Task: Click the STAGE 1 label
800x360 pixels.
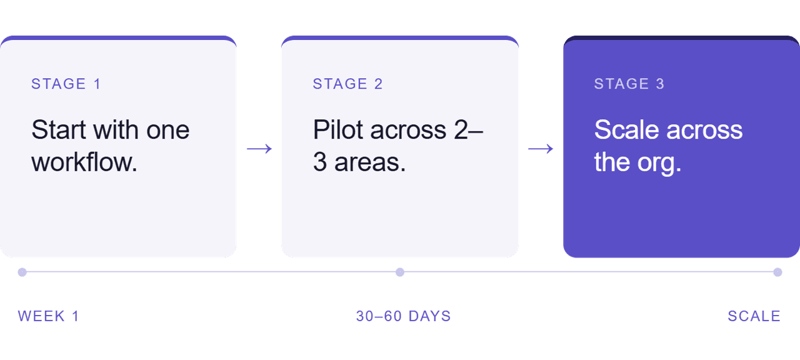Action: (x=66, y=84)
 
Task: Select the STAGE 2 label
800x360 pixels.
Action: (x=348, y=84)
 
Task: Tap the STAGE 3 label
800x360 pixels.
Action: (x=629, y=84)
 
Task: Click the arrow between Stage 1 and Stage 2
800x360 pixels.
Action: (x=259, y=149)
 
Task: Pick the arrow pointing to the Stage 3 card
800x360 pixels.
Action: (x=541, y=149)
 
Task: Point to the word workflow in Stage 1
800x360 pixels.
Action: (x=84, y=162)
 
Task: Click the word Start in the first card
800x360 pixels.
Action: (x=59, y=129)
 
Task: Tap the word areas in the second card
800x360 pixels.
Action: (x=370, y=162)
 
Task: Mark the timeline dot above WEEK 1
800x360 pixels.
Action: (x=22, y=272)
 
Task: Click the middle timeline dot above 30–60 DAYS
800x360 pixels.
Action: (x=400, y=272)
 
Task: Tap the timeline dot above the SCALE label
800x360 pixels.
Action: (x=778, y=272)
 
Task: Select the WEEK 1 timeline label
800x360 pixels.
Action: (x=49, y=316)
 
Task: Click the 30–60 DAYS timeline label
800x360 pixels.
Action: (x=404, y=316)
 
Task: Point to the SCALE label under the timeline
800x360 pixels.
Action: (x=754, y=316)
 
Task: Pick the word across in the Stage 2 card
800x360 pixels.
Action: (x=408, y=130)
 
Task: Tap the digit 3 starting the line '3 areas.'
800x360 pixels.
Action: (x=320, y=162)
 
